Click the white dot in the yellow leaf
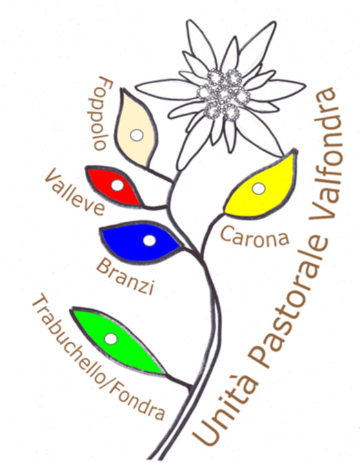259,188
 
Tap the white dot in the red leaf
117,185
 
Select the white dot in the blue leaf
149,240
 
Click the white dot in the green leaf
111,339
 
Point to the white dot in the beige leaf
137,135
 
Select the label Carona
254,236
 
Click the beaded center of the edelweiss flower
223,94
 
